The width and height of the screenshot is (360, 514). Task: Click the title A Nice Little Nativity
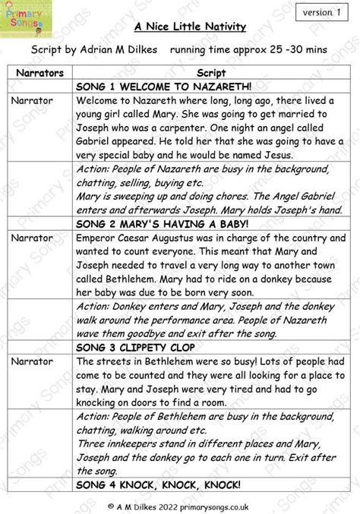[x=190, y=27]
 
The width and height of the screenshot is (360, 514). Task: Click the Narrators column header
[x=39, y=72]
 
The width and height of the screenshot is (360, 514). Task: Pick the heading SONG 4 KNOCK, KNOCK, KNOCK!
[x=158, y=484]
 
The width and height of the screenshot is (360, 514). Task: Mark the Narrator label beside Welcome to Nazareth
[x=32, y=100]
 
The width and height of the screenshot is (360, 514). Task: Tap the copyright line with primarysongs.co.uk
[x=180, y=504]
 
